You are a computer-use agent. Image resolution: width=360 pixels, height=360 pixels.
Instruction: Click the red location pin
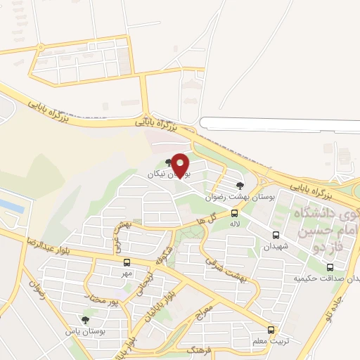181,165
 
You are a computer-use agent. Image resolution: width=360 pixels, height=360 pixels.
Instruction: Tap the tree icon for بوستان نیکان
167,163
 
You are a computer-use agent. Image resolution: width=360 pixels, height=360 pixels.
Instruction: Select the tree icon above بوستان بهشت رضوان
240,186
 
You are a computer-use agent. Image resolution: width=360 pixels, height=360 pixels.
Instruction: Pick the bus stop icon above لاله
234,213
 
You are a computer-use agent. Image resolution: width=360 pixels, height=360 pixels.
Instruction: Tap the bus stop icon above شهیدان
276,236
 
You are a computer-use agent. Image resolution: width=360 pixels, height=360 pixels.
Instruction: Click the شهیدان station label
276,247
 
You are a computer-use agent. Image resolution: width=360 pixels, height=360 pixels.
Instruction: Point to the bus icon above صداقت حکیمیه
330,267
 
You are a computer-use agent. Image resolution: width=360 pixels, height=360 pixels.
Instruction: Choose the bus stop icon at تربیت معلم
271,330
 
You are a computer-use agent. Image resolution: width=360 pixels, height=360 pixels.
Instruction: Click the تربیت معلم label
270,342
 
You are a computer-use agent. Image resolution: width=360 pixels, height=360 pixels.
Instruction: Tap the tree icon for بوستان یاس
85,320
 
